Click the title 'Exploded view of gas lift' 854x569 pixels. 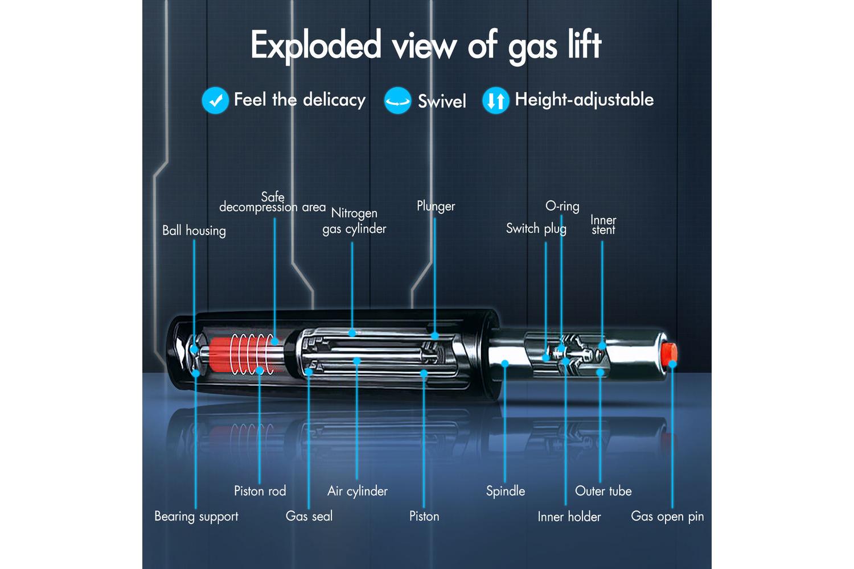[x=426, y=46]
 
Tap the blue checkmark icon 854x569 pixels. [x=215, y=101]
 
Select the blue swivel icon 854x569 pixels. [x=397, y=101]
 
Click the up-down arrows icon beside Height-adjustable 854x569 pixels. [x=495, y=101]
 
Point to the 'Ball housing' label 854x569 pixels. [x=194, y=230]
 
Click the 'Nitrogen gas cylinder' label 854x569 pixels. [x=354, y=221]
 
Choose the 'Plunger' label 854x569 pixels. [x=436, y=206]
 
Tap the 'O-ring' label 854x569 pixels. [x=562, y=206]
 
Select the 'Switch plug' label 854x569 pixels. [x=536, y=229]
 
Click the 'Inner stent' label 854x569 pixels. [x=603, y=225]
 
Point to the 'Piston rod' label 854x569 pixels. [x=260, y=491]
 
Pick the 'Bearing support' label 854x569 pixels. [x=196, y=517]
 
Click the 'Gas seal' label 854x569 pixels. [x=309, y=517]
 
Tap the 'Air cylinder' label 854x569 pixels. [x=357, y=491]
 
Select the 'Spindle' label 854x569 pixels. [x=505, y=491]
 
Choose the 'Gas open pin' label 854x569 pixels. [x=667, y=517]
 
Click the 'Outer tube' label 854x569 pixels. [x=603, y=491]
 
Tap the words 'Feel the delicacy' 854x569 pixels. [x=299, y=100]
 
